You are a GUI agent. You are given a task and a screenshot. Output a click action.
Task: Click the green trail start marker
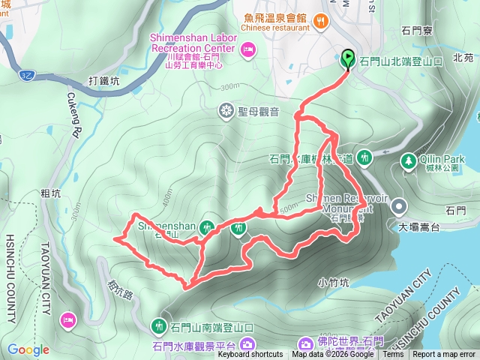coord(348,58)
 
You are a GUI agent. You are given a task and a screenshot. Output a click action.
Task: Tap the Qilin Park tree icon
coord(409,160)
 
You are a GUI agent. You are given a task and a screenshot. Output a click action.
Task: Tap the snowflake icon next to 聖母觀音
coord(226,112)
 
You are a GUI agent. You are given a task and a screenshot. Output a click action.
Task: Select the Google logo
coord(28,349)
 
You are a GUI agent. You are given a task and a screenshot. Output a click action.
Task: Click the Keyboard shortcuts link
coord(250,355)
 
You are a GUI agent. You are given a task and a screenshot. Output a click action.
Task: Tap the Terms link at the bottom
coord(393,355)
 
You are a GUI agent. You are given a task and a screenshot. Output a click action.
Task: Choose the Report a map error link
coord(444,355)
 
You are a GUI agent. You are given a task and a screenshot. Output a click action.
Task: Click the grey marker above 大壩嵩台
coord(399,205)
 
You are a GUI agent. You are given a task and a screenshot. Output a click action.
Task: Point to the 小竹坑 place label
coord(334,283)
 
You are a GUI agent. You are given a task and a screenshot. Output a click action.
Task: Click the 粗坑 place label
coord(51,193)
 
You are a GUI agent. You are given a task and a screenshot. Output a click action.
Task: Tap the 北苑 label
coord(463,57)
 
